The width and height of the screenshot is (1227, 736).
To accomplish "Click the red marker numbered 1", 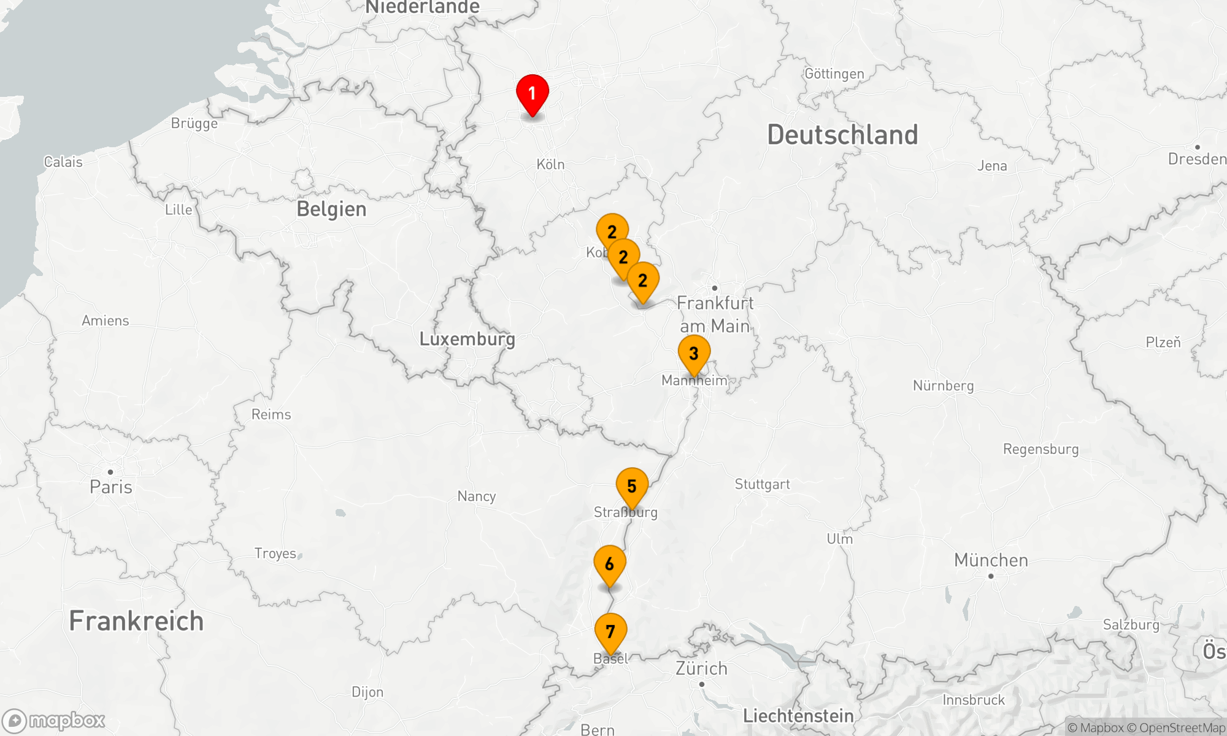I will pyautogui.click(x=532, y=94).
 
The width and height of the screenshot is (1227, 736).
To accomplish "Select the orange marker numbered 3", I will pyautogui.click(x=694, y=354).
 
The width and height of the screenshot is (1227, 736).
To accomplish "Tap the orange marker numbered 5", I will pyautogui.click(x=632, y=486).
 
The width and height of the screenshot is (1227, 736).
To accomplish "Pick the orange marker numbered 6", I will pyautogui.click(x=609, y=564).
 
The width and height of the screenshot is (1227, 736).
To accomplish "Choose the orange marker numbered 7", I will pyautogui.click(x=610, y=632).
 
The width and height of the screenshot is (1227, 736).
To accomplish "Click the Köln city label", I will pyautogui.click(x=550, y=164).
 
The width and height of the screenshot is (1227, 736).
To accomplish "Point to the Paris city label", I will pyautogui.click(x=111, y=487).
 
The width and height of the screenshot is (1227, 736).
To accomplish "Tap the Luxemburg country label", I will pyautogui.click(x=467, y=339).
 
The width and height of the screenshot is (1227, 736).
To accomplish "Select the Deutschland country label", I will pyautogui.click(x=842, y=135).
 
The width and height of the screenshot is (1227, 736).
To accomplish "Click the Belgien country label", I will pyautogui.click(x=331, y=209).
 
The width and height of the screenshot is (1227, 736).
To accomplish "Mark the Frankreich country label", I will pyautogui.click(x=136, y=621).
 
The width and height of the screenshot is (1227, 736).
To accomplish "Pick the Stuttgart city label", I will pyautogui.click(x=762, y=485).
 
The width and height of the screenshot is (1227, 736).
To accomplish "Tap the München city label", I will pyautogui.click(x=991, y=561).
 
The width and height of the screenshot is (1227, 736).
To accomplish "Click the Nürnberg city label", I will pyautogui.click(x=943, y=386).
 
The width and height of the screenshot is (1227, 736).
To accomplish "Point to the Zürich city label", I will pyautogui.click(x=701, y=669).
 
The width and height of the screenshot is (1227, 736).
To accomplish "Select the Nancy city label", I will pyautogui.click(x=476, y=496).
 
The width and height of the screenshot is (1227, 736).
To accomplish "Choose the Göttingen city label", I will pyautogui.click(x=834, y=74).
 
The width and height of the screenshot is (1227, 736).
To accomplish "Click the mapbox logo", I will pyautogui.click(x=54, y=721).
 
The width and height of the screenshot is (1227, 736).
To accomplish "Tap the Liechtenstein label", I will pyautogui.click(x=798, y=716).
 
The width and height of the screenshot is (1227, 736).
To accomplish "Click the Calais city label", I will pyautogui.click(x=63, y=162).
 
